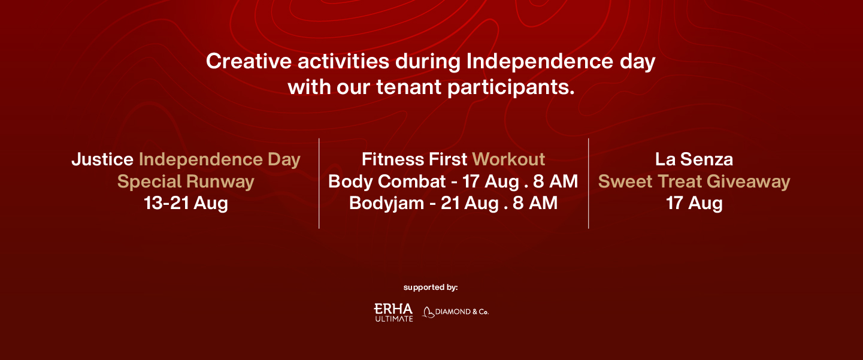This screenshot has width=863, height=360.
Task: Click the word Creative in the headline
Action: pos(249,61)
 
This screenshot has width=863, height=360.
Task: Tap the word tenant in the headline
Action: pos(409,87)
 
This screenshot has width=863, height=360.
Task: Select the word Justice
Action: pos(102,159)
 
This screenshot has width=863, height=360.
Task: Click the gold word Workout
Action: pos(508,159)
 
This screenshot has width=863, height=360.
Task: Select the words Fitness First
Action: pos(414,159)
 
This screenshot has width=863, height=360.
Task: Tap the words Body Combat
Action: pos(387,181)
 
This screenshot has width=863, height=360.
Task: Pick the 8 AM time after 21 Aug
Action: pos(535,203)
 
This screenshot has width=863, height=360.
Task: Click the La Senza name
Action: pos(694,159)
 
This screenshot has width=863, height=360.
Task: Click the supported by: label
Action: pos(431,288)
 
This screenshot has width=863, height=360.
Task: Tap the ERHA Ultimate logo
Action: pos(393,312)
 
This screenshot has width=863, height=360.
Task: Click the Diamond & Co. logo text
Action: pos(462,312)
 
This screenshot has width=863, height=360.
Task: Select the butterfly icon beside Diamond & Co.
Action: pos(428,312)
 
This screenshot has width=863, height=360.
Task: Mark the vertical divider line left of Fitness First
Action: pos(319,183)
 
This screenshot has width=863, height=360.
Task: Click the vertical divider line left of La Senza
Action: pos(588,183)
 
